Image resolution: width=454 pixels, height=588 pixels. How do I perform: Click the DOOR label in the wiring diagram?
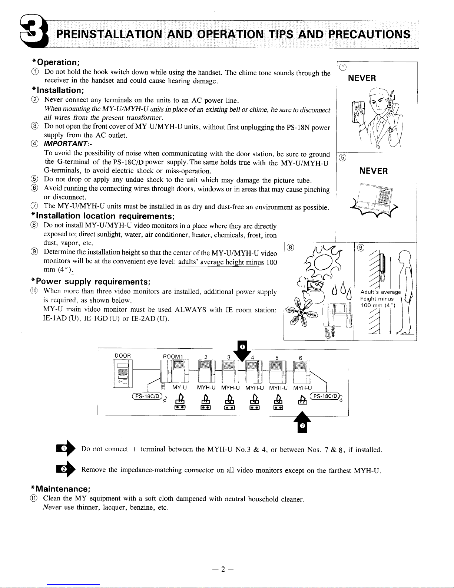(123, 356)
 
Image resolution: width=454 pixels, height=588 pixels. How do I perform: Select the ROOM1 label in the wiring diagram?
(173, 357)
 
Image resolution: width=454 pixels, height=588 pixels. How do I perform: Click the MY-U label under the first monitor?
(180, 388)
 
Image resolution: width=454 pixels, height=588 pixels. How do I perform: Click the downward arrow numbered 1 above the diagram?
(242, 349)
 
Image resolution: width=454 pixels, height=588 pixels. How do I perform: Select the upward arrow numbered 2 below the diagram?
(302, 423)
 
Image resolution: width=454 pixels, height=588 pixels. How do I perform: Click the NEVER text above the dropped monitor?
(374, 171)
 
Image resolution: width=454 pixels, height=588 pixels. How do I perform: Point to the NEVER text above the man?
(362, 78)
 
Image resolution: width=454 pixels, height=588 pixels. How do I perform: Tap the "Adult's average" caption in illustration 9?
(380, 292)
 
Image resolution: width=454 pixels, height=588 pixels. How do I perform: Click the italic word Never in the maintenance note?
(52, 507)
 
